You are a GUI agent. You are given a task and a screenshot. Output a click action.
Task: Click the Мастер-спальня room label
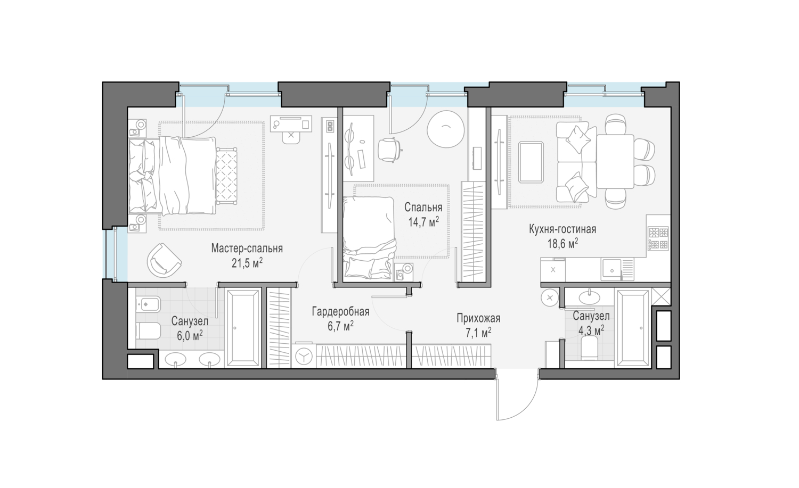pos(247,248)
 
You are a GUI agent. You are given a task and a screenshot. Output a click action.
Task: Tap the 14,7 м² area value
pos(423,222)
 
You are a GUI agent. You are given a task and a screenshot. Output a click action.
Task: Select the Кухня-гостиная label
pos(562,229)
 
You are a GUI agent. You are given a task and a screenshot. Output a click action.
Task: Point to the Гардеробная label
pos(341,311)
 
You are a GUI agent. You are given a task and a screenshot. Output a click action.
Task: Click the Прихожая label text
pos(478,318)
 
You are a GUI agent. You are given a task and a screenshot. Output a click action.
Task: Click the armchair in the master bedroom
pos(164,260)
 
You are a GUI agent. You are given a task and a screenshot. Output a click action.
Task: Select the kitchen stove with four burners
pos(658,238)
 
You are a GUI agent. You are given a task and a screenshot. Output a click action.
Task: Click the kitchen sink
pos(613,270)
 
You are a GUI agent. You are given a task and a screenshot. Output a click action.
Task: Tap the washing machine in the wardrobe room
pos(304,356)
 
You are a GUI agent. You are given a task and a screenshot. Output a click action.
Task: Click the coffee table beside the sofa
pos(531,162)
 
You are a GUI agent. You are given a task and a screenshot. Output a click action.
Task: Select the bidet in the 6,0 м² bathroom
pos(148,304)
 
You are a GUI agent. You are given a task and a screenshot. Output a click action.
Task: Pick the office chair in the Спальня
pos(390,150)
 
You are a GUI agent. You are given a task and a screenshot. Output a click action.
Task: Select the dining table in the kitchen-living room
pos(615,161)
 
